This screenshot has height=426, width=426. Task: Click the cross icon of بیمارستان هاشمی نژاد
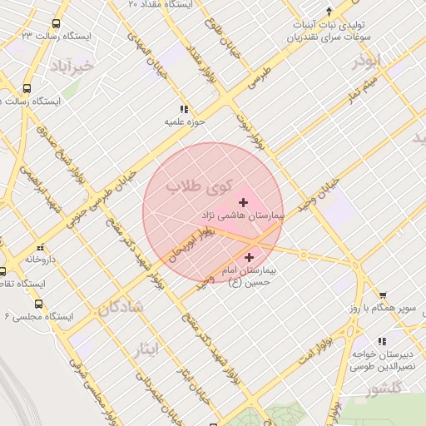[x=243, y=202]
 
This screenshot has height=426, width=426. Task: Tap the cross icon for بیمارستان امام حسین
[x=249, y=258]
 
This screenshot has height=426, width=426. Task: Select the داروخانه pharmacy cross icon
[x=39, y=247]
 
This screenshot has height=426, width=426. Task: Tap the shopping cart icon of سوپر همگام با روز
[x=383, y=295]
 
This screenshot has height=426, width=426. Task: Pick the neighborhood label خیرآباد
[x=72, y=64]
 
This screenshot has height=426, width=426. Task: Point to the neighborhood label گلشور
[x=384, y=389]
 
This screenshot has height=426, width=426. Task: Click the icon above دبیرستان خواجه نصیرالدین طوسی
[x=382, y=341]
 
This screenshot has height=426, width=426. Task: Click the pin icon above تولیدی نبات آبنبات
[x=329, y=12]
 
